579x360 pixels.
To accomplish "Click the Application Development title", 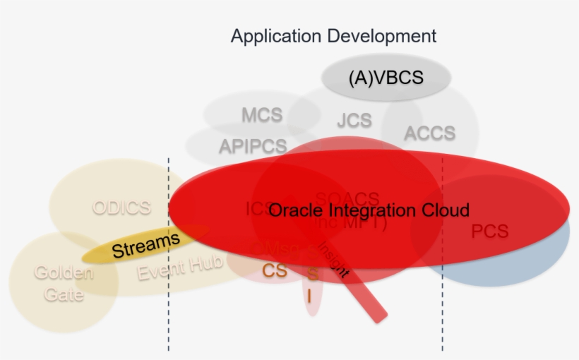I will (x=333, y=36).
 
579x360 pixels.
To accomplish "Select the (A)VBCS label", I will (x=386, y=77).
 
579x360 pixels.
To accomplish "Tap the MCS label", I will (x=261, y=114).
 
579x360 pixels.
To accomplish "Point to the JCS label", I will (x=354, y=120).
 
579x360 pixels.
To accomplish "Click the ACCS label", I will (x=429, y=133).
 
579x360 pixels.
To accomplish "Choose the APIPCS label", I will (x=253, y=146).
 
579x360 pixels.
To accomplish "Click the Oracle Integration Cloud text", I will (x=369, y=210).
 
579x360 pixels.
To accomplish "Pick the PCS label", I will (x=489, y=231).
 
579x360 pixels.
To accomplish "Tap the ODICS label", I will (x=121, y=208).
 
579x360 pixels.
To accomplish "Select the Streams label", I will (x=145, y=244).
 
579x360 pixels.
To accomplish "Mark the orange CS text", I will (x=275, y=270).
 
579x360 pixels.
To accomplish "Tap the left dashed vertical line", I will (x=169, y=311).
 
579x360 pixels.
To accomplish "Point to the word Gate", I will (x=64, y=294).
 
